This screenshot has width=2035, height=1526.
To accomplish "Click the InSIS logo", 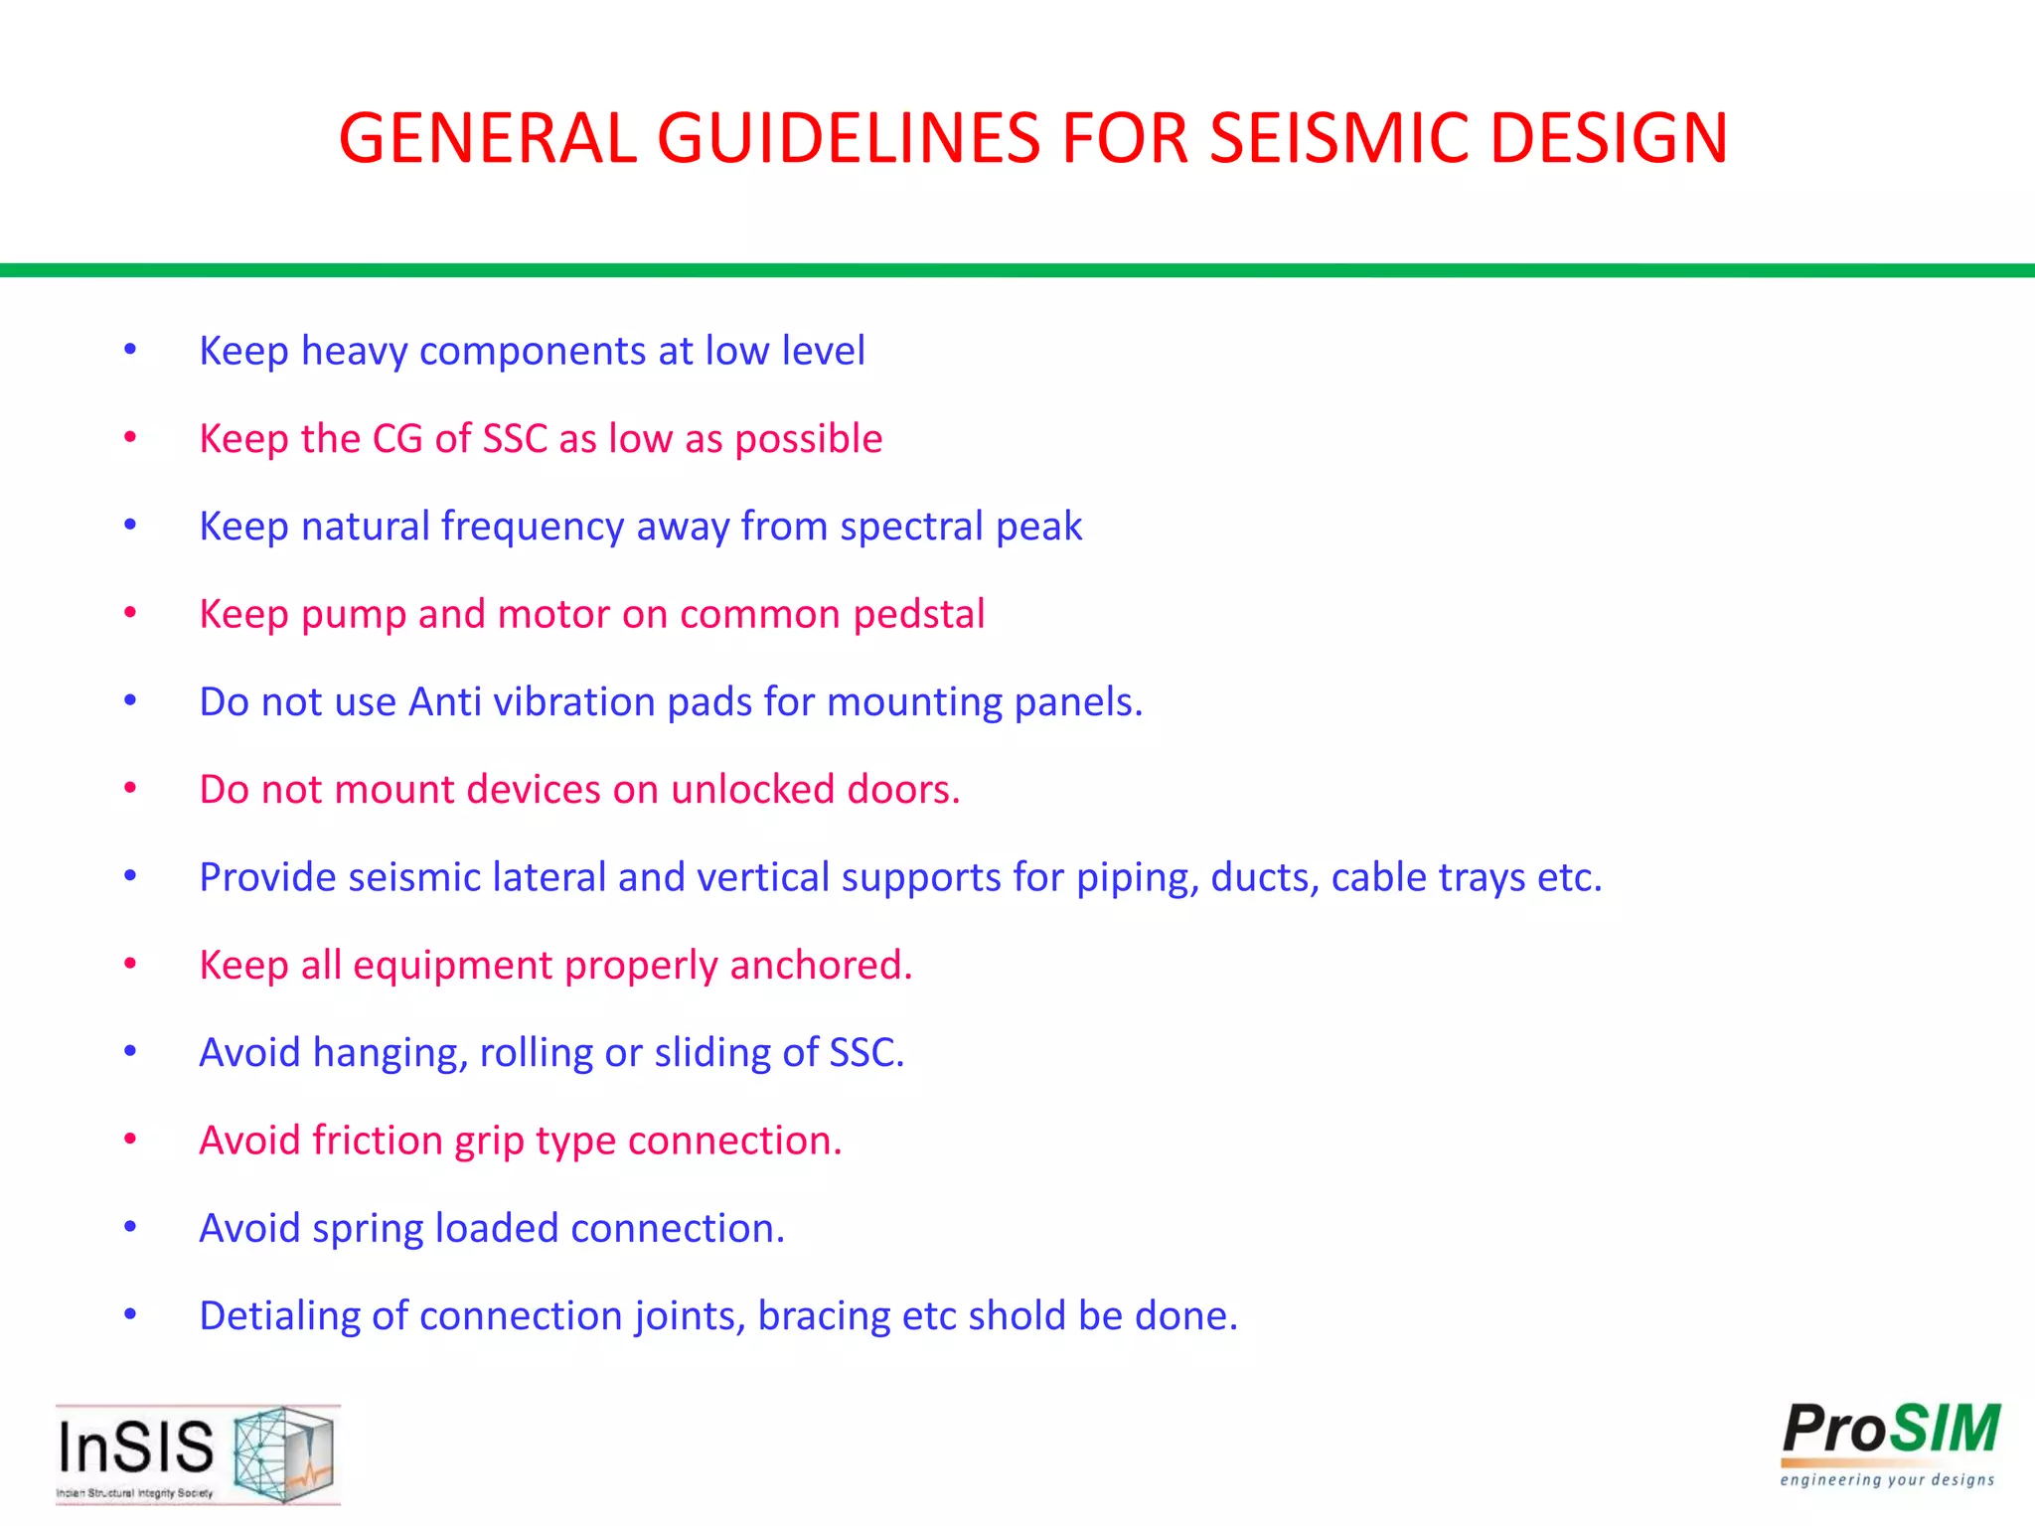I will (198, 1452).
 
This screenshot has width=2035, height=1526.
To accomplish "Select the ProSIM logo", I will (1890, 1431).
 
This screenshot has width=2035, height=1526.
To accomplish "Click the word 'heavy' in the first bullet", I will (353, 352).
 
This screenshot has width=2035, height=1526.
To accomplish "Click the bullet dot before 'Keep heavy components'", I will (130, 350).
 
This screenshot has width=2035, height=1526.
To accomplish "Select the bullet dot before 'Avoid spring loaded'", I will (130, 1227).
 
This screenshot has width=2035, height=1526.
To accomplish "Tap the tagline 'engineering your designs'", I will (1887, 1480).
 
